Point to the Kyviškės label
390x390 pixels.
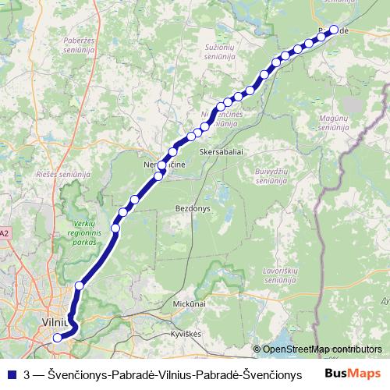186,333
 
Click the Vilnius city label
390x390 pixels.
58,321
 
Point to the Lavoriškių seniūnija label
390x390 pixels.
280,274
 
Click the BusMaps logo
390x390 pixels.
353,374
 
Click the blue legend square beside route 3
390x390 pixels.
11,374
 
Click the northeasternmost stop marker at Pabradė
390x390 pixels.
334,30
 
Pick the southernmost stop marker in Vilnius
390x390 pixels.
57,338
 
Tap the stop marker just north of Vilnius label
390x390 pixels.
79,286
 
